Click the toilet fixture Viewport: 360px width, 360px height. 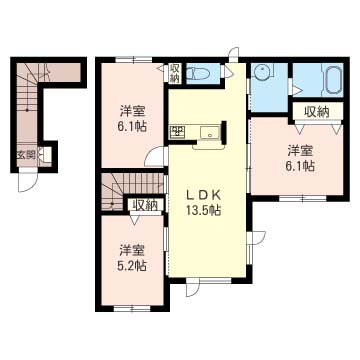[x=198, y=73]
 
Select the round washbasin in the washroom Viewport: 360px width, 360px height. [x=263, y=71]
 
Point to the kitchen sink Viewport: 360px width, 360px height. [x=210, y=132]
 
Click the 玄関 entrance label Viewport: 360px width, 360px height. [x=27, y=155]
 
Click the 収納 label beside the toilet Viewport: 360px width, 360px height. [x=175, y=73]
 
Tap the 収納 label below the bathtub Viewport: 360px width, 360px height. [x=317, y=112]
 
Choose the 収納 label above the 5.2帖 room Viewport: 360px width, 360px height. [x=145, y=205]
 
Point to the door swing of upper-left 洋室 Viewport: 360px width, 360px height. [x=155, y=157]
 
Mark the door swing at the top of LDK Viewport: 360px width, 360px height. [x=234, y=54]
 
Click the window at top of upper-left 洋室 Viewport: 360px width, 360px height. [x=134, y=60]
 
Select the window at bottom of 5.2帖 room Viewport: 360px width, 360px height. [x=132, y=309]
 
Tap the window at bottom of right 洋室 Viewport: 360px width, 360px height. [x=302, y=199]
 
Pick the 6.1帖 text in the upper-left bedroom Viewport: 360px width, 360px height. [x=133, y=127]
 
